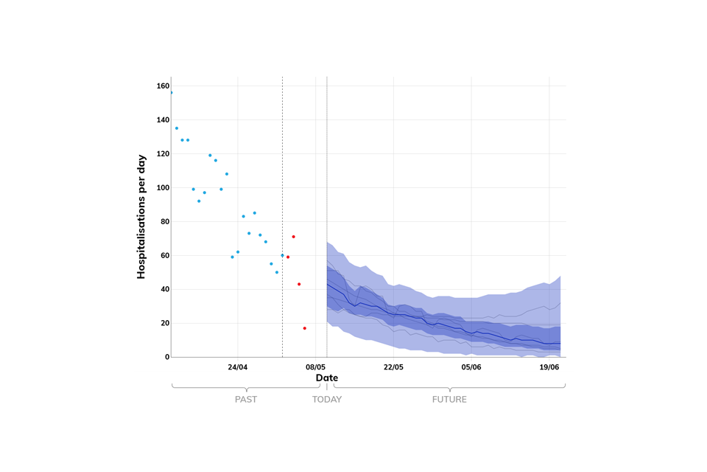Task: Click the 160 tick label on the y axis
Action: click(x=163, y=86)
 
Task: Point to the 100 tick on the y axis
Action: click(x=163, y=188)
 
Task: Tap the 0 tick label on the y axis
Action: click(x=166, y=357)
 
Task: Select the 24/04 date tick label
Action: click(x=238, y=367)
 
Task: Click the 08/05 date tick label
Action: click(x=315, y=367)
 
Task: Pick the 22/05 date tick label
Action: click(x=393, y=367)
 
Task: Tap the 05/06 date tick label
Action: click(x=471, y=367)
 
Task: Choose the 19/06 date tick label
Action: click(x=549, y=367)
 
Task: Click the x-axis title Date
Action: click(x=327, y=378)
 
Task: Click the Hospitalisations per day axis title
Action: click(x=141, y=216)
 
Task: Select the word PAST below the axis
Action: click(x=246, y=400)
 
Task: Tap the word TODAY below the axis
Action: click(x=327, y=400)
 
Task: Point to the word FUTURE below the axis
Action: click(x=449, y=400)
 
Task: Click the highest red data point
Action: click(x=293, y=237)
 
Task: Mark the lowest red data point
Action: click(x=304, y=328)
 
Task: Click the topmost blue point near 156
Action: click(x=171, y=93)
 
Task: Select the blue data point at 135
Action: click(x=177, y=128)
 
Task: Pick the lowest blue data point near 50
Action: click(x=277, y=272)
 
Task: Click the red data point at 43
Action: click(x=299, y=284)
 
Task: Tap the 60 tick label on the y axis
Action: click(x=163, y=256)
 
